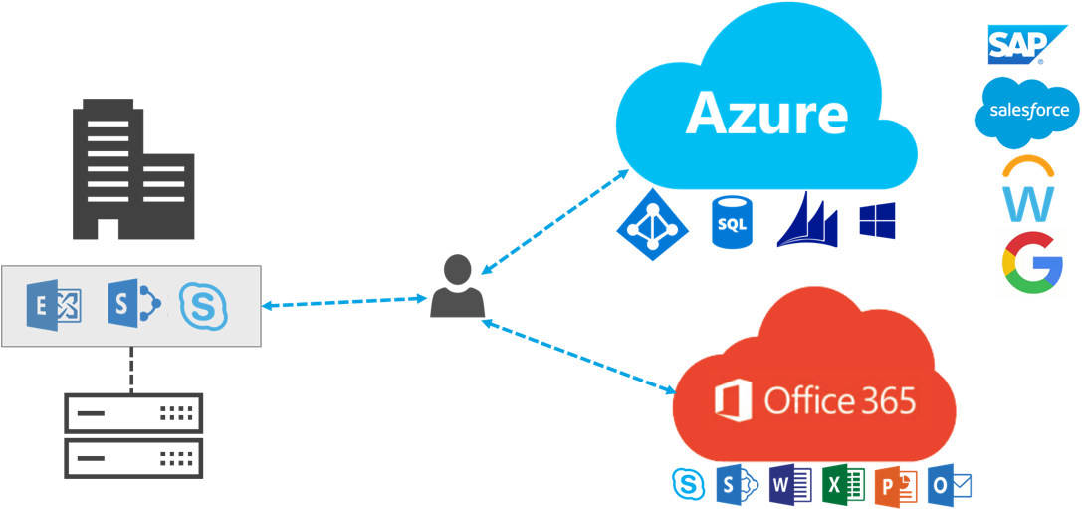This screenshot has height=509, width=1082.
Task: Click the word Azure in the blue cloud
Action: pos(766,114)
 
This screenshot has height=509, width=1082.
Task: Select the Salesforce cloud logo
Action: pos(1026,112)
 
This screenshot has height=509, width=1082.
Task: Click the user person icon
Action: pos(457,287)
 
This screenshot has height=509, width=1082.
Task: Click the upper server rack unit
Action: pos(133,412)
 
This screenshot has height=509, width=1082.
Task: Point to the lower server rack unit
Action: pos(133,457)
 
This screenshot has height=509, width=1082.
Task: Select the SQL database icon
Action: pos(732,222)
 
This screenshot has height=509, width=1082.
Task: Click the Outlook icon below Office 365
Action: pos(948,485)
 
